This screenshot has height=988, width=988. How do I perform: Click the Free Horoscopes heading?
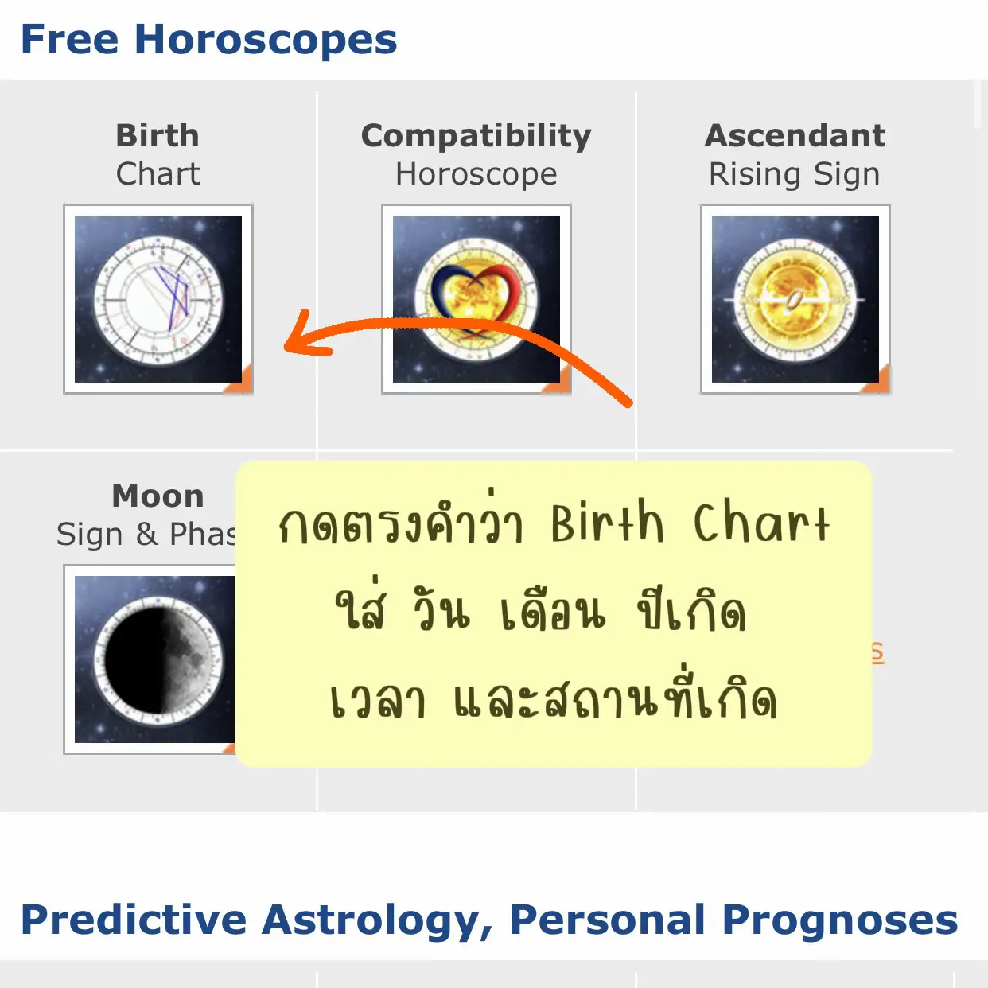[208, 40]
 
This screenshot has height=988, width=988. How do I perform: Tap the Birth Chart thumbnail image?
[158, 299]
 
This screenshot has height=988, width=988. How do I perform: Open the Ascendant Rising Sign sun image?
[795, 299]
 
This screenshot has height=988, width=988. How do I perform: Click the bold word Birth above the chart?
[158, 136]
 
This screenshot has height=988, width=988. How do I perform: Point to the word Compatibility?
[476, 136]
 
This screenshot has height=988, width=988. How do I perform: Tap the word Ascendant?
[795, 136]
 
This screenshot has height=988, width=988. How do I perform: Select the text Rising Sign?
[795, 174]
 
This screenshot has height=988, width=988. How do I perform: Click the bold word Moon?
[158, 496]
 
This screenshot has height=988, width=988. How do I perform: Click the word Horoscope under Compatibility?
[476, 174]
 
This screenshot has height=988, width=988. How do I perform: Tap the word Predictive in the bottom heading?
[134, 920]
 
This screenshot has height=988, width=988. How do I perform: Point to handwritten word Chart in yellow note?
[761, 523]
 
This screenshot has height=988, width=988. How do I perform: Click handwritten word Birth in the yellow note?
[607, 523]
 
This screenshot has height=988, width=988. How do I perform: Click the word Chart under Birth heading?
[158, 174]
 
